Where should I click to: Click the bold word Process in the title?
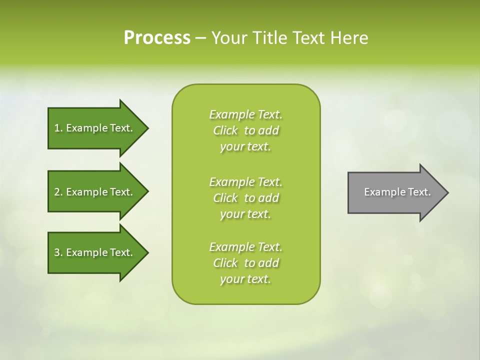[157, 38]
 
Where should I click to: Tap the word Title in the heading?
[269, 38]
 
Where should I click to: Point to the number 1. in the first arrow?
[58, 128]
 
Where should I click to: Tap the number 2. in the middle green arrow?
[58, 192]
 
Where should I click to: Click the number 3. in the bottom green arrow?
[58, 252]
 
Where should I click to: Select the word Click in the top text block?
[225, 131]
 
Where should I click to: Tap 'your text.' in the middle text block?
[245, 214]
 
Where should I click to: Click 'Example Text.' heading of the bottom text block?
[245, 247]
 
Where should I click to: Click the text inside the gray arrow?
[397, 192]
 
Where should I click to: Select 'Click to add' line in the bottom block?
[245, 263]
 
